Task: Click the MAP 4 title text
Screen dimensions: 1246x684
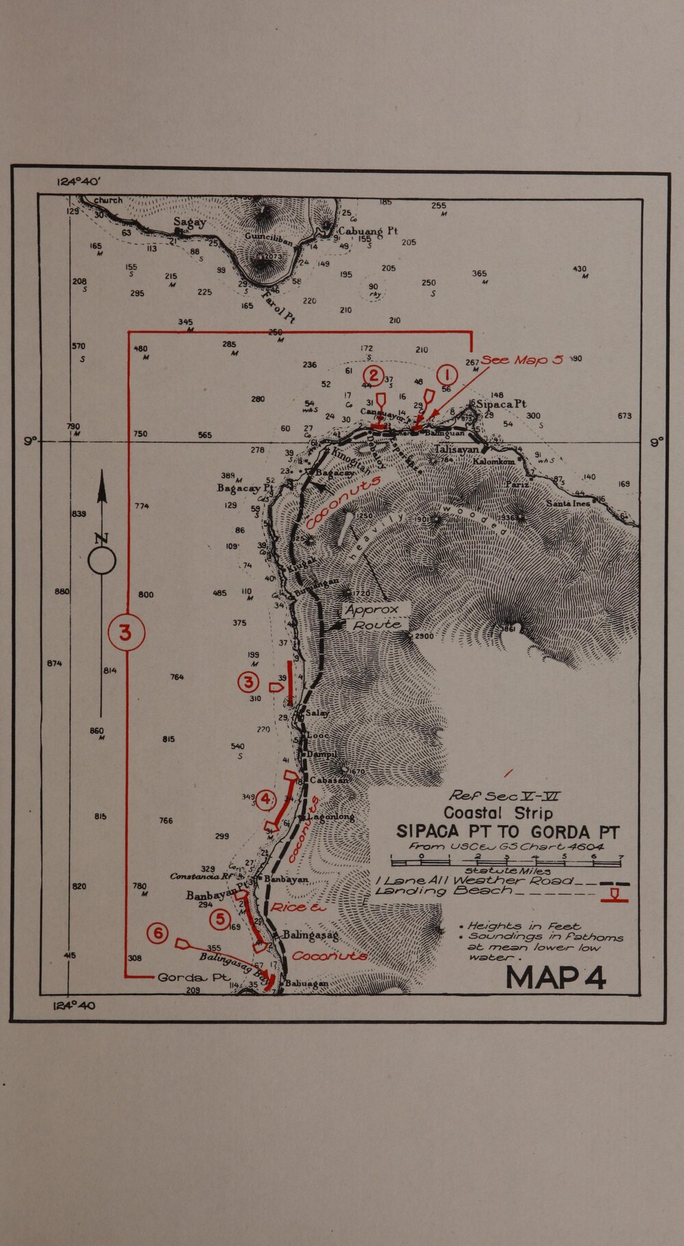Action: click(555, 977)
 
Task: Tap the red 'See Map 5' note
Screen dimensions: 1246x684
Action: click(521, 360)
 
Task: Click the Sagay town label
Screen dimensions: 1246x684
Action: click(189, 222)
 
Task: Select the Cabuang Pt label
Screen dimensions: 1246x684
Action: click(368, 231)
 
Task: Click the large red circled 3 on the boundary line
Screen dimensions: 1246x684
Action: click(126, 633)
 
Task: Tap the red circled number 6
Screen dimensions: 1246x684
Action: click(157, 933)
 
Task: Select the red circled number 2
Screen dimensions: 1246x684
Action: click(373, 375)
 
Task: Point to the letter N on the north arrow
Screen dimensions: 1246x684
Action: click(102, 539)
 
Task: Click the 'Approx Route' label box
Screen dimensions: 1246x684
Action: click(374, 617)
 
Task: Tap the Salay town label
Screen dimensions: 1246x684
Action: click(317, 713)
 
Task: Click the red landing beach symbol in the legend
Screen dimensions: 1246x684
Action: click(614, 895)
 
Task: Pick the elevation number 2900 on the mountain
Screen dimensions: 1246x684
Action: click(423, 636)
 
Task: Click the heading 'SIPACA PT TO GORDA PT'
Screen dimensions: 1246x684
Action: click(508, 832)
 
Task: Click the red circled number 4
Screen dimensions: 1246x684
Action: click(265, 798)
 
